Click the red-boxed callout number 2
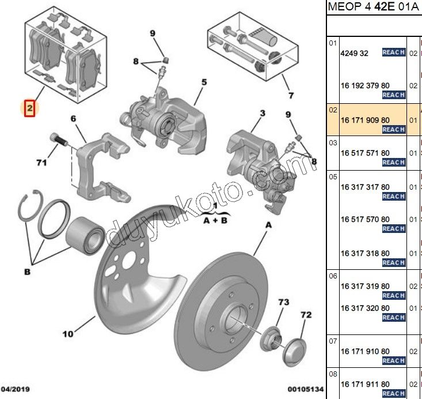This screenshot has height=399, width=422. tap(30, 108)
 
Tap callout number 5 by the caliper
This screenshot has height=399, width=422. tap(203, 82)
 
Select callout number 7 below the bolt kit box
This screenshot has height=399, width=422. tap(291, 95)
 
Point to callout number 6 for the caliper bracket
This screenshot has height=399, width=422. tap(73, 119)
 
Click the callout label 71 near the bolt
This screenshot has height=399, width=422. tap(41, 163)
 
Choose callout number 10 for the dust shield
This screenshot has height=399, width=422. tap(68, 333)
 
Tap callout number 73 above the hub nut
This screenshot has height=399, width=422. tap(284, 302)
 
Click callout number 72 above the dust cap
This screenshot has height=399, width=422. tap(306, 315)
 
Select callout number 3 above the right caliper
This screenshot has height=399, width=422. tap(262, 113)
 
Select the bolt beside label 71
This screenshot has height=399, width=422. tap(58, 140)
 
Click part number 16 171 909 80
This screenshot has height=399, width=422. tap(364, 120)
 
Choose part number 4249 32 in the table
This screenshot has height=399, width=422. tap(354, 53)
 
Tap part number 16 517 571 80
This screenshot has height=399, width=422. tap(364, 153)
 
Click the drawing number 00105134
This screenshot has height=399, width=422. tap(306, 390)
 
